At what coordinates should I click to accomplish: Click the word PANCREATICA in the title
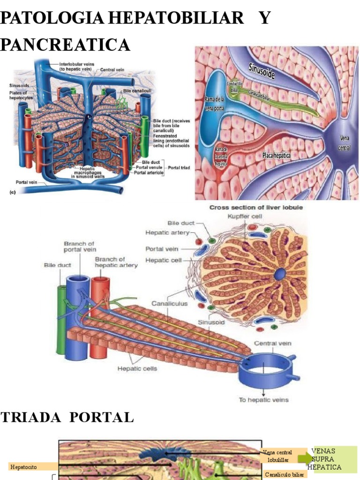(65, 45)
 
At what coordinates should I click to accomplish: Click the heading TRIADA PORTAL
(67, 418)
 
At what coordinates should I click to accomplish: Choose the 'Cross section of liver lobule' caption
(255, 207)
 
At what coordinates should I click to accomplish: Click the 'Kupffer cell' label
(245, 217)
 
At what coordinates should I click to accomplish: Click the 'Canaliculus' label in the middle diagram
(169, 303)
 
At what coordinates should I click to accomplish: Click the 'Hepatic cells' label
(137, 368)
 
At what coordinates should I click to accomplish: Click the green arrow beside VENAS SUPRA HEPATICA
(305, 458)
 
